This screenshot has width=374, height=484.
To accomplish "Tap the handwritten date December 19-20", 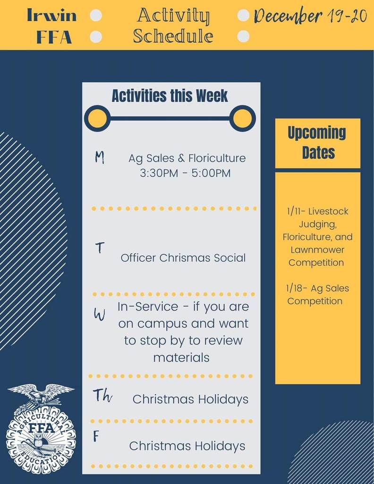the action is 310,16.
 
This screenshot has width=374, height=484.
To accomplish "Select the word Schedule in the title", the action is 173,36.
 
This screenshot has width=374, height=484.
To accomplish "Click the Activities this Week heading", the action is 170,95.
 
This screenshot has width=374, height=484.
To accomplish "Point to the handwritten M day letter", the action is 99,157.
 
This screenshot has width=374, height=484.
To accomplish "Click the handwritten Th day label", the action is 102,396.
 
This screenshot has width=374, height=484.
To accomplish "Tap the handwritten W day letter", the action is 99,315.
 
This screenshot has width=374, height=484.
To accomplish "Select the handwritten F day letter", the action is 96,436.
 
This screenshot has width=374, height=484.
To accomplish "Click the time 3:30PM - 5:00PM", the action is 185,173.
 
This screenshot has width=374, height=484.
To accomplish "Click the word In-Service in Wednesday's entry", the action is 148,307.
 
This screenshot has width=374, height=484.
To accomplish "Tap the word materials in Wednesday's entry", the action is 181,358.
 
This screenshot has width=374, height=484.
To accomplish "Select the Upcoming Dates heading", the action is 317,142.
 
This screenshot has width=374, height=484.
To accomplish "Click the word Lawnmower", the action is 317,250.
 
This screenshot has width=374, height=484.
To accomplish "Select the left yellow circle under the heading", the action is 97,119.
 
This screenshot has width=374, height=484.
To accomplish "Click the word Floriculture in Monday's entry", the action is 217,158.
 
